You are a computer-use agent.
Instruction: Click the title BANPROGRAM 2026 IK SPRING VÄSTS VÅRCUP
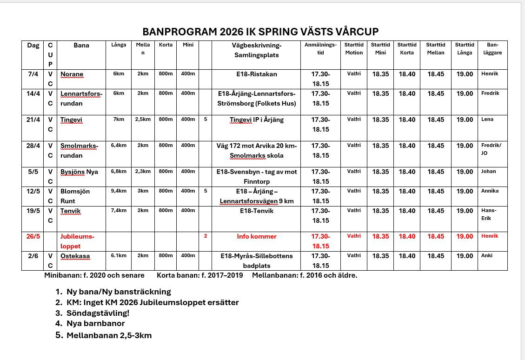(260, 32)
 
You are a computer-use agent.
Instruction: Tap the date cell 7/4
(33, 74)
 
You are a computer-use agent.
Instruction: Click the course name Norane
(72, 74)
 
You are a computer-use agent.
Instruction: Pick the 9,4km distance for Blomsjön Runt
(119, 191)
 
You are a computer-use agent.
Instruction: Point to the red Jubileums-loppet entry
(77, 241)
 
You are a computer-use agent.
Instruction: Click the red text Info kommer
(256, 236)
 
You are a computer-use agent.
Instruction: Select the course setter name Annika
(490, 191)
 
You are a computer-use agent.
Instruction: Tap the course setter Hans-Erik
(489, 214)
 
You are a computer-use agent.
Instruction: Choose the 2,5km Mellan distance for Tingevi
(143, 120)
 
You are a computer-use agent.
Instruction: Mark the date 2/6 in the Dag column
(33, 256)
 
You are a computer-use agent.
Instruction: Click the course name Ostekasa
(75, 256)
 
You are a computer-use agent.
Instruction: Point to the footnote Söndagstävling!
(98, 313)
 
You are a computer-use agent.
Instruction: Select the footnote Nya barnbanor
(95, 323)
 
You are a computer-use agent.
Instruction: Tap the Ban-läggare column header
(492, 49)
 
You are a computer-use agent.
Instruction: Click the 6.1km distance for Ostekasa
(119, 256)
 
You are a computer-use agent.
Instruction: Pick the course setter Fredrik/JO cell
(491, 148)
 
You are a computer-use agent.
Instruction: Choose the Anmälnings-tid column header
(320, 49)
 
